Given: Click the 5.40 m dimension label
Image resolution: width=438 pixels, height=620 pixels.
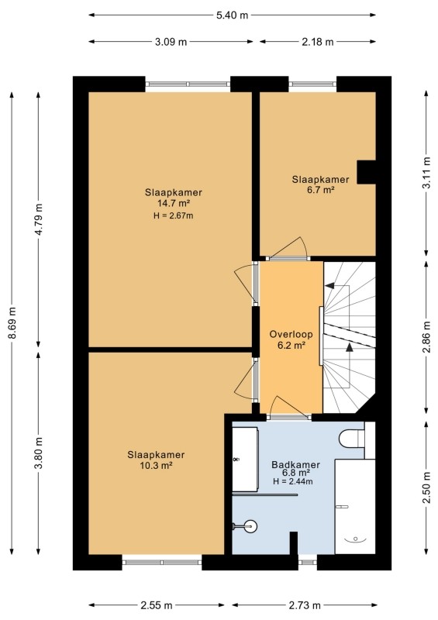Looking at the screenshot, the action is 232,15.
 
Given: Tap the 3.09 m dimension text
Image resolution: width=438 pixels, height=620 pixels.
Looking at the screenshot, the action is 171,42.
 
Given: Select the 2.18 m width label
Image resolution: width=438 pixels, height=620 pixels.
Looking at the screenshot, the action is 318,42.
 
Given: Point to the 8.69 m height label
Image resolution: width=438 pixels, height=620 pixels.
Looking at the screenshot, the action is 12,322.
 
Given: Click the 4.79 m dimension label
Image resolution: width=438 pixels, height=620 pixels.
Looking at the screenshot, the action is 39,219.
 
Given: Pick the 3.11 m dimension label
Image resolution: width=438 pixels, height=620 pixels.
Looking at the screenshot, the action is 426,173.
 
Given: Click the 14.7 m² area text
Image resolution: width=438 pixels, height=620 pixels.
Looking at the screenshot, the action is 174,203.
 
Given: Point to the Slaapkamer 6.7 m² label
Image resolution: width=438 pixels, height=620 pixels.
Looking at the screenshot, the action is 320,184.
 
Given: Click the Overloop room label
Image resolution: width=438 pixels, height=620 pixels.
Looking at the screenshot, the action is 291,334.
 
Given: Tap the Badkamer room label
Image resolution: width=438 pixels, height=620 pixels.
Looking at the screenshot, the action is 295,464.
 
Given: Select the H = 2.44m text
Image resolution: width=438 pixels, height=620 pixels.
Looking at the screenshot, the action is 293,481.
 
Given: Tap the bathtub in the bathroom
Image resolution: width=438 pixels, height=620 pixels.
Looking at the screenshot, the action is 355,507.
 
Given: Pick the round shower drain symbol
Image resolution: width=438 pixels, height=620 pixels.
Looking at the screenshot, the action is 250,526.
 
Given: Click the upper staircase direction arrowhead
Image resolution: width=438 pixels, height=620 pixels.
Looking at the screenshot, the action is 329,285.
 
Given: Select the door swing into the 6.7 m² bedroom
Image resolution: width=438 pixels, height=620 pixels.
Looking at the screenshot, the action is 290,247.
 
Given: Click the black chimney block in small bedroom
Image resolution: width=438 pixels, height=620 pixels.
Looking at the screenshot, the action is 367,172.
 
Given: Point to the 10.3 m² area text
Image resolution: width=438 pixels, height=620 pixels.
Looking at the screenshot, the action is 156,466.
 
